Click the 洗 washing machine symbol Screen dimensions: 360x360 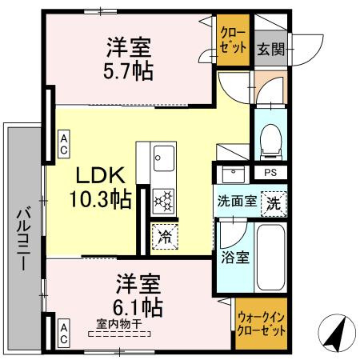click(x=274, y=202)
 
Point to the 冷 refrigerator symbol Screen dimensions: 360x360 click(x=164, y=236)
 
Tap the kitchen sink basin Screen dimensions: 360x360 click(x=163, y=154)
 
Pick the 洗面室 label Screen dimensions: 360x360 click(x=237, y=202)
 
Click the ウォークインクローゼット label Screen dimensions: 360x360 click(x=261, y=323)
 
